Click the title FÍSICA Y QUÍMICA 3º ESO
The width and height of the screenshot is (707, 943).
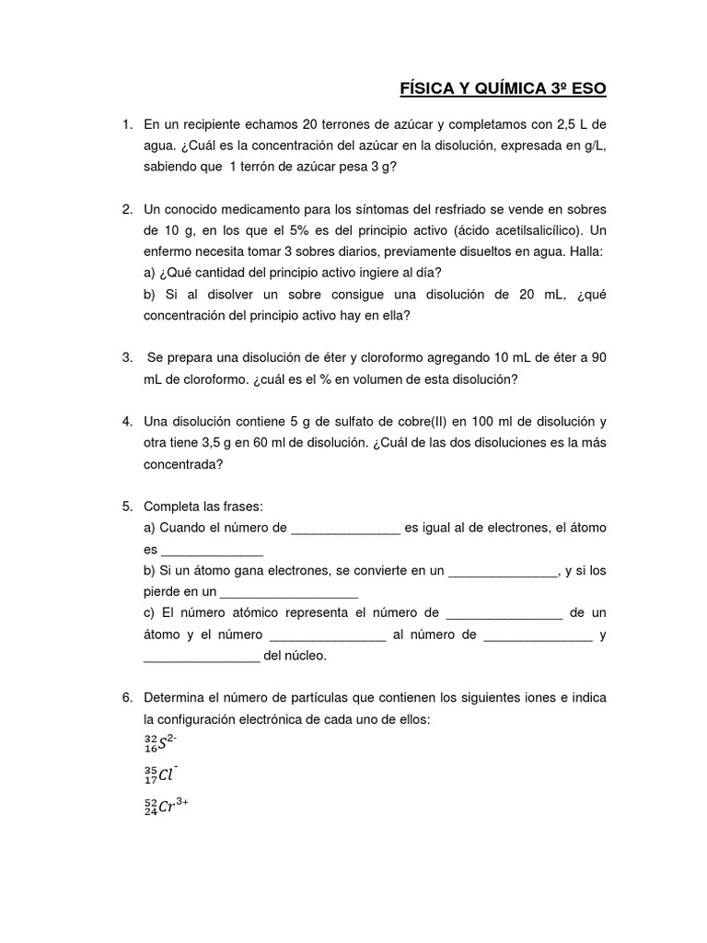pos(503,88)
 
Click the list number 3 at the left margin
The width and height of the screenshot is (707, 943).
pos(127,357)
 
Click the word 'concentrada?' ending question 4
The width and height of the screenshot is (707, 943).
pos(184,464)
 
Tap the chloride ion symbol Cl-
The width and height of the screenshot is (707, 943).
pos(162,774)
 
